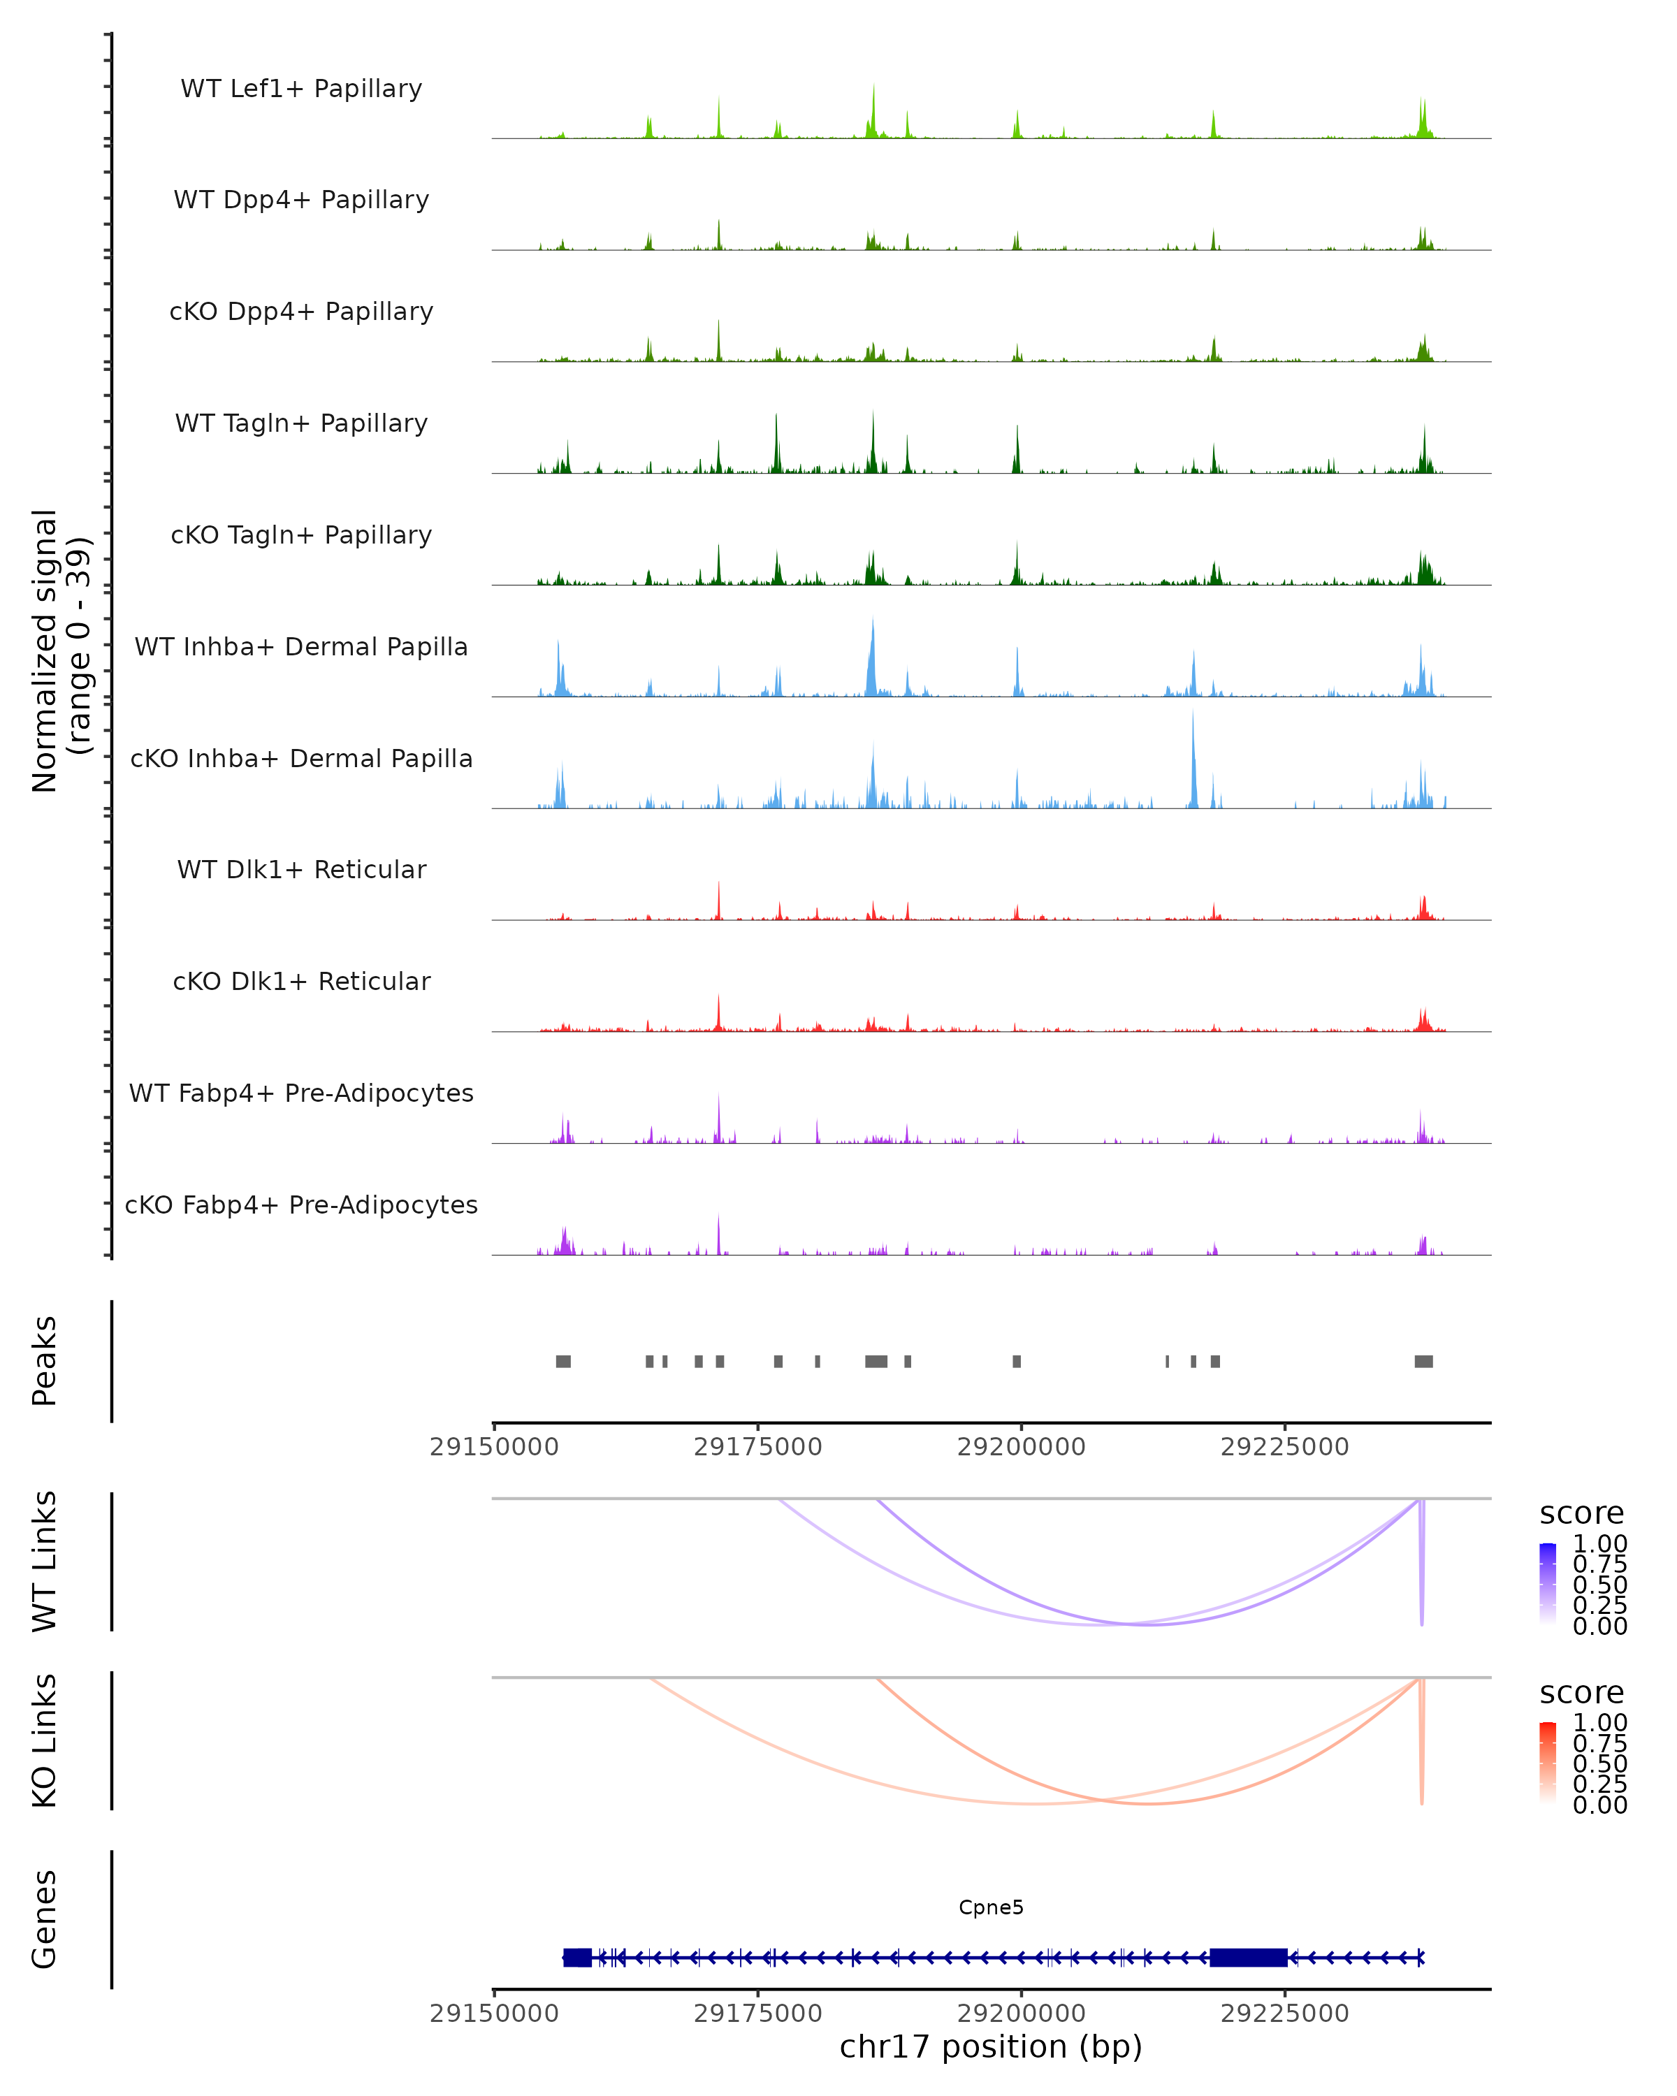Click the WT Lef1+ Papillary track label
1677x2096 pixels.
click(301, 89)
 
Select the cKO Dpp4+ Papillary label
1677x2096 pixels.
click(301, 312)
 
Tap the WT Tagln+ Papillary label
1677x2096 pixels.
click(301, 424)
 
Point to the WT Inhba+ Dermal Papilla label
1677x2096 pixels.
click(301, 648)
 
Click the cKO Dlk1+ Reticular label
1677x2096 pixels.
click(301, 982)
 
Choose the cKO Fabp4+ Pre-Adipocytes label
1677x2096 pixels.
click(301, 1205)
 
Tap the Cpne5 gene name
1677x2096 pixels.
click(991, 1907)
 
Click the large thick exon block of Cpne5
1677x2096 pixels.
click(1248, 1958)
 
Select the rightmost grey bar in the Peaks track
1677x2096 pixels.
click(1423, 1361)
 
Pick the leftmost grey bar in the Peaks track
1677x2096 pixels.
click(563, 1361)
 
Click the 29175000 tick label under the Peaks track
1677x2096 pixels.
click(757, 1447)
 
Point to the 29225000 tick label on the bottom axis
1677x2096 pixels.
click(1284, 2014)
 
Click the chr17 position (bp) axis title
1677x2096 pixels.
click(991, 2047)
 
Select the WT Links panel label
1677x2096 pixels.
click(45, 1562)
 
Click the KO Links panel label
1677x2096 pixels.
click(45, 1740)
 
